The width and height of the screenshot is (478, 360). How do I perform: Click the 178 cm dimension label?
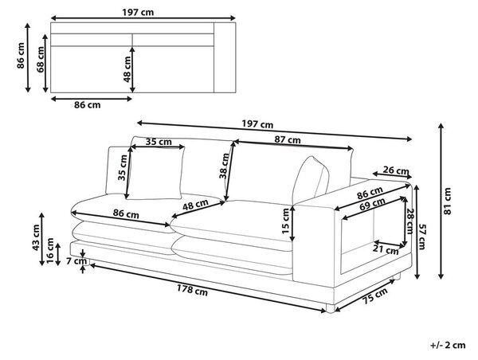point(192,290)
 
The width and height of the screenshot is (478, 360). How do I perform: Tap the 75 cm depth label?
point(375,295)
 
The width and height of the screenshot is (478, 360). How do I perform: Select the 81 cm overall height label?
point(447,201)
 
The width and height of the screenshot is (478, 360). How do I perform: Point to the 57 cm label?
point(422,237)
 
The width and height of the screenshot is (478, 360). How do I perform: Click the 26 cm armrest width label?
point(396,170)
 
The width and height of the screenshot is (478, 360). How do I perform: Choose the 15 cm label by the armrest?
point(286,221)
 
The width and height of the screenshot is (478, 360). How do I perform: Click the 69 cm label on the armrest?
point(372,204)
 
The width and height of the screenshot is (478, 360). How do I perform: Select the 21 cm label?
point(386,249)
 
